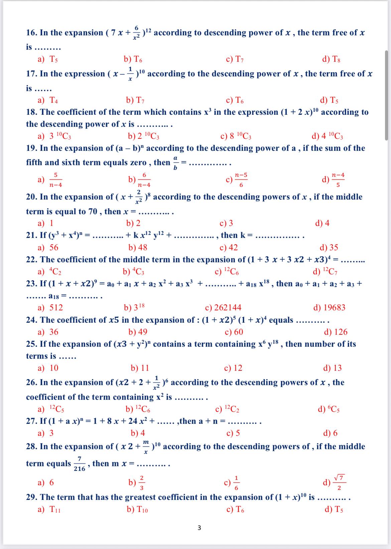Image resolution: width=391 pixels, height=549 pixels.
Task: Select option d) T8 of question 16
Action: coord(331,59)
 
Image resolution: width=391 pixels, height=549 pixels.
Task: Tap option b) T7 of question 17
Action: coord(135,100)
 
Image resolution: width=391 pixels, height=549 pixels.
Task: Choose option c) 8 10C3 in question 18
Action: coord(236,136)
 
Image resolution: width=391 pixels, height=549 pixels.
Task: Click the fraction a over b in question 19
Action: coord(175,163)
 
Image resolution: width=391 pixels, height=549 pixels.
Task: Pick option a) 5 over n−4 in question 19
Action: coord(50,180)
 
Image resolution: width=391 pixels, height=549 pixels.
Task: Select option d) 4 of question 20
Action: coord(322,223)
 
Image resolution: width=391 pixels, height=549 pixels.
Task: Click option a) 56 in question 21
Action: coord(48,247)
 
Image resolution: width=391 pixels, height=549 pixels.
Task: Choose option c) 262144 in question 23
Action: coord(223,307)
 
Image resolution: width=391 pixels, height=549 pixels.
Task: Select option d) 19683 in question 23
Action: coord(329,307)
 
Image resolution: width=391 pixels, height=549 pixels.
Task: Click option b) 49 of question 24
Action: coord(138,332)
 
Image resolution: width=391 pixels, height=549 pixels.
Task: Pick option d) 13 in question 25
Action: coord(333,368)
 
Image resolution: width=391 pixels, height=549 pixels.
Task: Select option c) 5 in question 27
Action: coord(233,433)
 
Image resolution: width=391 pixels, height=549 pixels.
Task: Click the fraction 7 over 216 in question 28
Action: coord(80,464)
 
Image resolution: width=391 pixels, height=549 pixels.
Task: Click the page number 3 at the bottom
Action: coord(199,528)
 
